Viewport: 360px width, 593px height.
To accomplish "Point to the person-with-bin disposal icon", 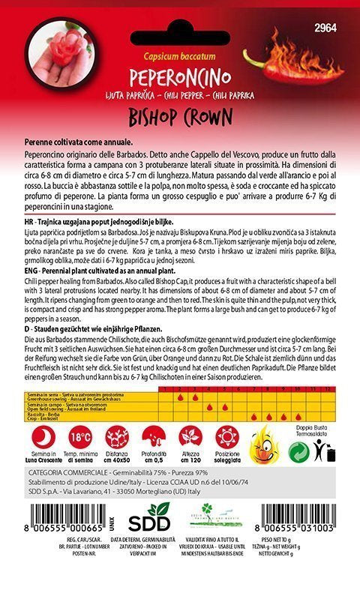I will [325, 449].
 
